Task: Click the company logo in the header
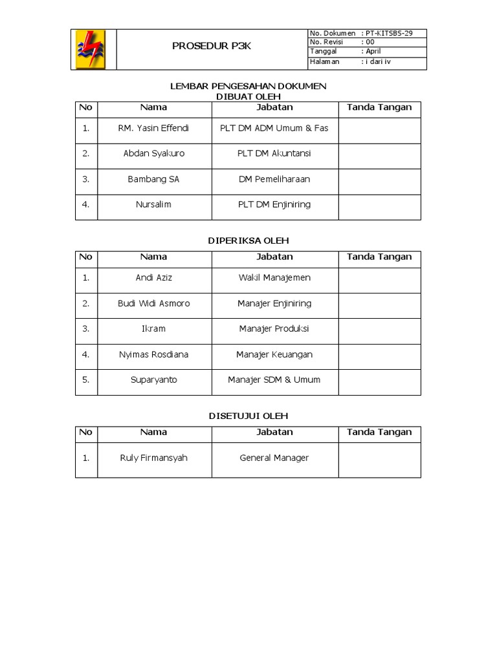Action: point(93,49)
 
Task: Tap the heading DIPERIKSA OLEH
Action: point(248,240)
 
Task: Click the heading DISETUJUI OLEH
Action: point(248,416)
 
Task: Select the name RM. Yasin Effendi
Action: point(153,128)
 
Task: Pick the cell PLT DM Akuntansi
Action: point(274,153)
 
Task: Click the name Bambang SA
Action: point(153,179)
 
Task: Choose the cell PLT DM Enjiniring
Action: point(274,204)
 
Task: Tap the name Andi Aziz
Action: point(153,277)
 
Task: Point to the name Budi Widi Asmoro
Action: point(153,303)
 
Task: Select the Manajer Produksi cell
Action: point(274,328)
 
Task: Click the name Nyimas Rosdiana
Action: point(153,354)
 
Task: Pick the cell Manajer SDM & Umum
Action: point(274,379)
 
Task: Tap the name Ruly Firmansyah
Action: point(153,458)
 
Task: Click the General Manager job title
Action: point(274,458)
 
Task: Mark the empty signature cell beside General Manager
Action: point(379,459)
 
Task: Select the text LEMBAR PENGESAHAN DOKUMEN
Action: point(248,86)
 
